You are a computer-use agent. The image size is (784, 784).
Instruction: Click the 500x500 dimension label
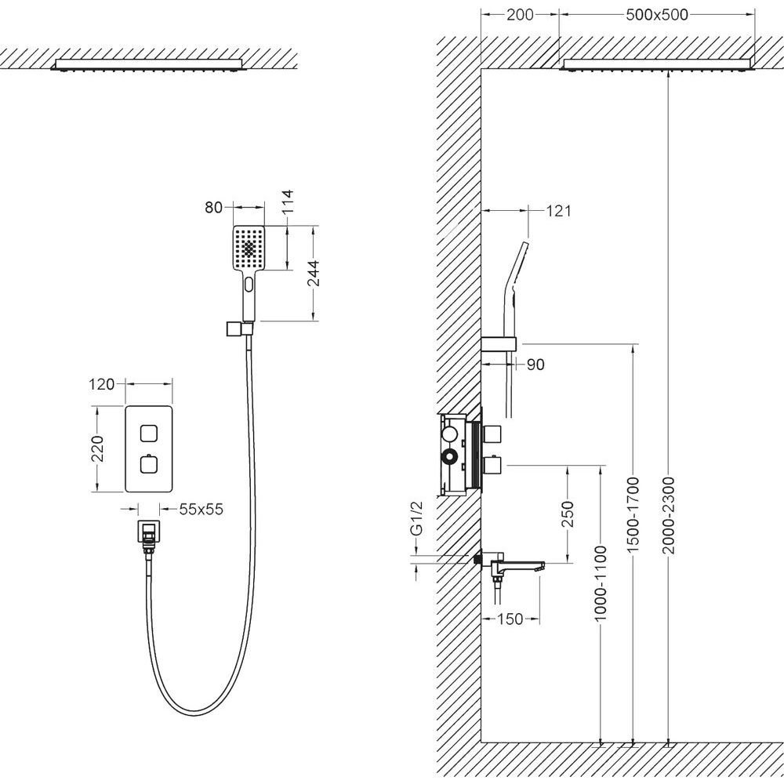click(x=657, y=16)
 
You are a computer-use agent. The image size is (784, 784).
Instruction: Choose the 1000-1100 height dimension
click(x=601, y=583)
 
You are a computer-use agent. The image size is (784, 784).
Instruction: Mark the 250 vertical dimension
click(x=569, y=514)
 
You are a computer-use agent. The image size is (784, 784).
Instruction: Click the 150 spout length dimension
click(x=511, y=620)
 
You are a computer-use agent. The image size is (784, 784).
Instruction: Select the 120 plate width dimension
click(x=103, y=384)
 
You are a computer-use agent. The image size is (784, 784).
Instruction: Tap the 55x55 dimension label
click(x=201, y=510)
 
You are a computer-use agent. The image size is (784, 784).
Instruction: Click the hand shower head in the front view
click(x=250, y=249)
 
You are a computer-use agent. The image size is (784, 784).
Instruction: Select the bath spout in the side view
click(x=517, y=564)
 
